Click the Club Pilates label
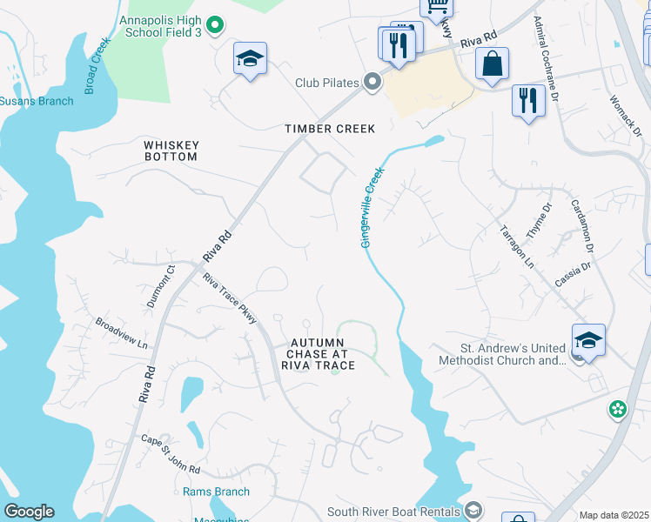(x=326, y=83)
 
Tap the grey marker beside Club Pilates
(x=373, y=83)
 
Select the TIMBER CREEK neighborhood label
(x=330, y=129)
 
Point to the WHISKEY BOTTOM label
(x=171, y=151)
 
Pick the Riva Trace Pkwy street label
(x=230, y=299)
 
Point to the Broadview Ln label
(x=121, y=332)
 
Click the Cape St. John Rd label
(x=171, y=456)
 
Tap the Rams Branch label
(x=216, y=492)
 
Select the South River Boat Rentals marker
(x=473, y=509)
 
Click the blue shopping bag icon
(x=492, y=64)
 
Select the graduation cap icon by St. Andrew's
(x=588, y=340)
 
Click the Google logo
(x=29, y=512)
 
